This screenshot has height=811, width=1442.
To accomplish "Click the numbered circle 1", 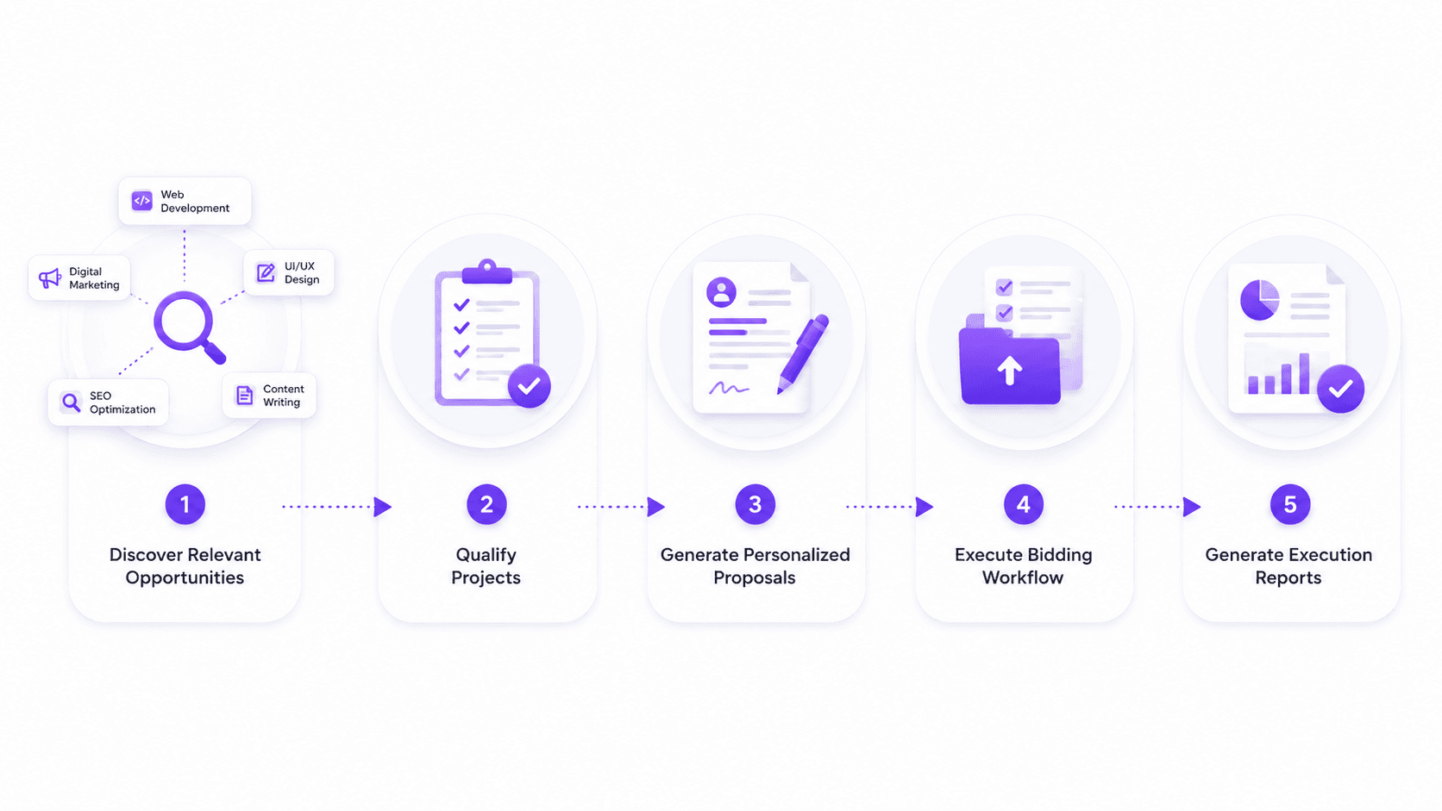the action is point(185,504).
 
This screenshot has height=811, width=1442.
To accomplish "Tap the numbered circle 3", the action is point(755,504).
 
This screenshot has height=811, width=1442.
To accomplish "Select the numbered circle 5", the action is point(1290,504).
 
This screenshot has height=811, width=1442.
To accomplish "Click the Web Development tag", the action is point(185,202).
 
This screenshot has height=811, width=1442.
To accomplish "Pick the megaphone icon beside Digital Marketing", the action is point(49,278).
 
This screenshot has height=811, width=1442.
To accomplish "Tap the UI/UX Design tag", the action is point(289,272).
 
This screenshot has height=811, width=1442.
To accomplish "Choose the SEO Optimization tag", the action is point(108,402).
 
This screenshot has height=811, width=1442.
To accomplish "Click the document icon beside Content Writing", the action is point(245,395).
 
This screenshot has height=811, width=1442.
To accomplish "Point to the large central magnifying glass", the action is point(189,327).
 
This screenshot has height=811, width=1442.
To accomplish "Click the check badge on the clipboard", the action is point(530,386).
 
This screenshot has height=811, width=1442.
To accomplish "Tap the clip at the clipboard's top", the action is point(487,272).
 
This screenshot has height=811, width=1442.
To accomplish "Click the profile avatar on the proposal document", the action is point(722,292).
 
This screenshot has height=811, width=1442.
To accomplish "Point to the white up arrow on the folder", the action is point(1009,371).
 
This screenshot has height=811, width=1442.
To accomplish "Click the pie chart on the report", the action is point(1260,300).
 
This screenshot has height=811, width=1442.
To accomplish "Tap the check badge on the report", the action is point(1340,389).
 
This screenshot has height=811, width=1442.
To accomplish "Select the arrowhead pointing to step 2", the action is point(383,507).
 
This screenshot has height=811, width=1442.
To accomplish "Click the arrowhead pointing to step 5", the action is point(1192,507).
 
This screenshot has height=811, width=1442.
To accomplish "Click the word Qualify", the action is point(486,555).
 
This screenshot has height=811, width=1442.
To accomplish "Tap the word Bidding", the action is point(1060,555).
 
